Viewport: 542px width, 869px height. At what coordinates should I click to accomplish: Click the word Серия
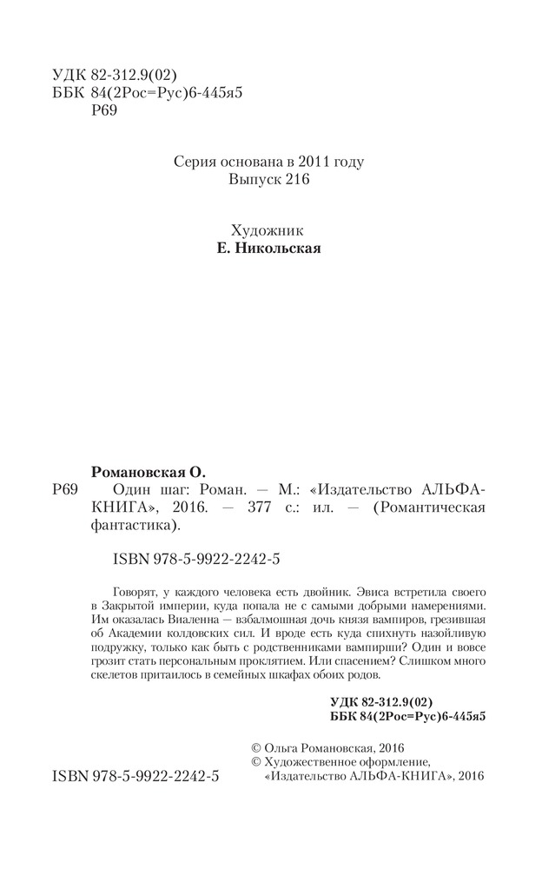pyautogui.click(x=195, y=162)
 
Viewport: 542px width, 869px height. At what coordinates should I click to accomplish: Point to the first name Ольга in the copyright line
pyautogui.click(x=281, y=747)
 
